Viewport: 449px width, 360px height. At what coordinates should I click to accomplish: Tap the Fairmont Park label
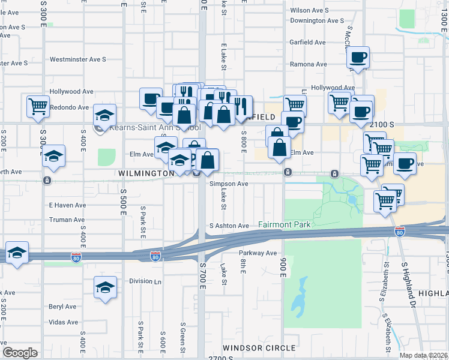pos(285,224)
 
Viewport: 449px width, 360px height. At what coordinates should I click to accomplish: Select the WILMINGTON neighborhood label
pos(146,173)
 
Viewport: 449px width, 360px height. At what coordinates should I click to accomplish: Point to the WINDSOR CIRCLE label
pos(259,348)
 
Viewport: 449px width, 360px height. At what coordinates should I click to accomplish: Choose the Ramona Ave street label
pos(309,64)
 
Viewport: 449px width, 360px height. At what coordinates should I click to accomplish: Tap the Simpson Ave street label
pos(229,184)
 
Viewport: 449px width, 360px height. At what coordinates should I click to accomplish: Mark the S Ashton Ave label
pos(229,226)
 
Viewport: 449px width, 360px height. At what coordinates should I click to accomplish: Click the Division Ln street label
pos(145,281)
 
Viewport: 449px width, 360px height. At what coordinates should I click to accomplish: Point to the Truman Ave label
pos(67,220)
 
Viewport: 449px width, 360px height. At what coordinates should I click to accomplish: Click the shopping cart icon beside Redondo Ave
pos(38,106)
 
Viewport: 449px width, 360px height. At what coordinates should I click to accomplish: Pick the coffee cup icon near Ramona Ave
pos(358,58)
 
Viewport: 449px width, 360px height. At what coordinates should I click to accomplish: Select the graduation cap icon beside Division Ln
pos(105,287)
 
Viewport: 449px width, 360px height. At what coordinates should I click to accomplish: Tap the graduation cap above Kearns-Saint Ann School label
pos(104,114)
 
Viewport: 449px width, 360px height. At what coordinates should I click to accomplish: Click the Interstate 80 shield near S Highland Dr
pos(400,232)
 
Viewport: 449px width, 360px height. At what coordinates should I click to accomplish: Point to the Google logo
pos(20,353)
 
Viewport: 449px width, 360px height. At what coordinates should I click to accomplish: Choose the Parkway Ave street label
pos(258,253)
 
